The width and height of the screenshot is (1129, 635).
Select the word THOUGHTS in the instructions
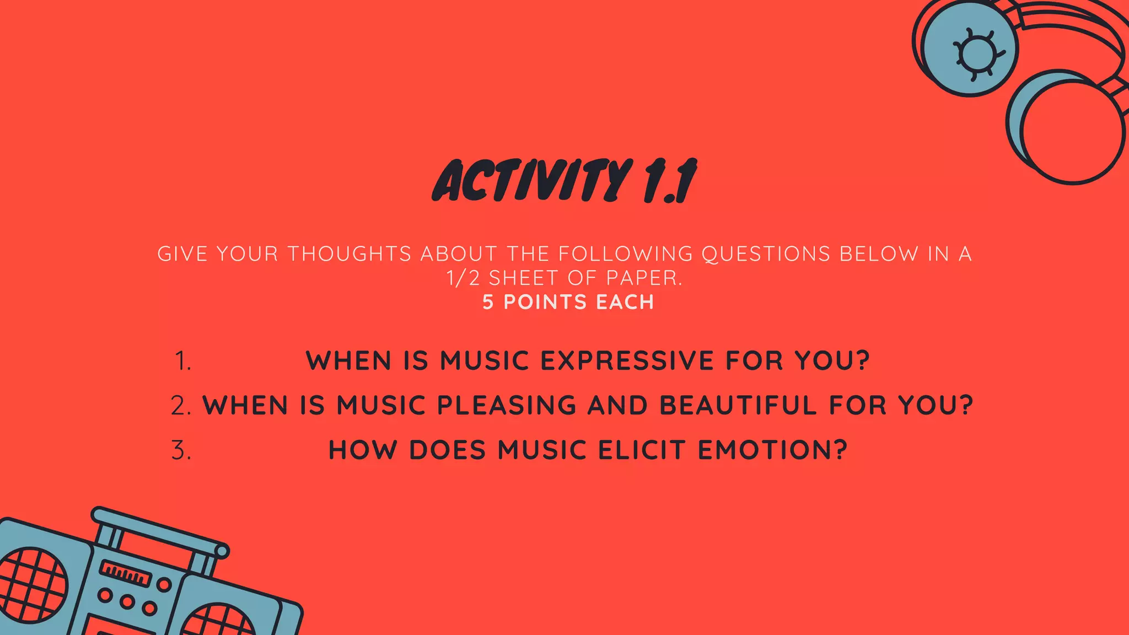click(350, 254)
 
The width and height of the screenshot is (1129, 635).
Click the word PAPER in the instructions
click(644, 278)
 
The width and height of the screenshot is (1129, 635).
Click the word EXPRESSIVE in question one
click(627, 361)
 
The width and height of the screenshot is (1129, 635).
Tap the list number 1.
click(182, 362)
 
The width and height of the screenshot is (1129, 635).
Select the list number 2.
click(181, 406)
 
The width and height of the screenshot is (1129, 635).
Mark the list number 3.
click(181, 451)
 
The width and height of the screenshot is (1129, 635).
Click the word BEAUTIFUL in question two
click(738, 406)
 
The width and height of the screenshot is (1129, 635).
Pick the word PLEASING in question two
click(507, 406)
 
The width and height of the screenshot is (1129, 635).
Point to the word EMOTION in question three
click(772, 450)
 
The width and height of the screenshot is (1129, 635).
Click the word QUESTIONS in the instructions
click(766, 254)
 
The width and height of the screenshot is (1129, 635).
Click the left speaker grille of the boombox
click(30, 584)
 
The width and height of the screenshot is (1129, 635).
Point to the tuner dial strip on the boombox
click(125, 574)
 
